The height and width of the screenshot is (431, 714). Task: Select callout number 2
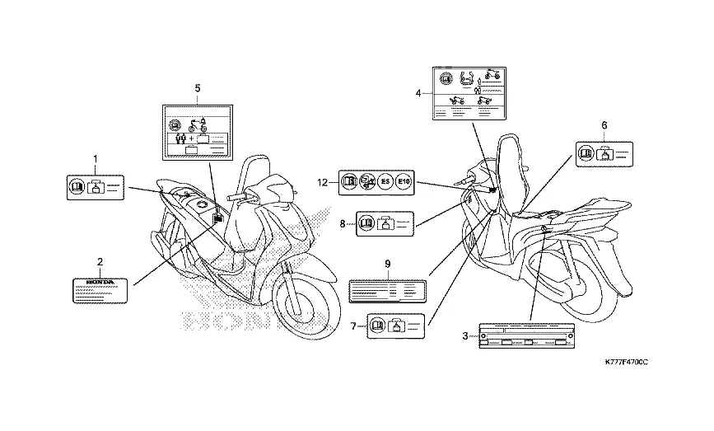click(x=100, y=262)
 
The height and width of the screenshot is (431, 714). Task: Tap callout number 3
click(x=465, y=335)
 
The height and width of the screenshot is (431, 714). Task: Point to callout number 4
click(x=418, y=93)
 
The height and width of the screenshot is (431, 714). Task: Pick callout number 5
click(x=198, y=87)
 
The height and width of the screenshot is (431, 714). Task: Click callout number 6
click(x=604, y=124)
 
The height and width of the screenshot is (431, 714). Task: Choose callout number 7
click(x=353, y=326)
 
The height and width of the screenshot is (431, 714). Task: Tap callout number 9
click(x=387, y=263)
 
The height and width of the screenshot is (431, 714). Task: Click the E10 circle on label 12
click(x=404, y=182)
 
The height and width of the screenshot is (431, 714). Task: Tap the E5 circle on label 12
click(x=383, y=182)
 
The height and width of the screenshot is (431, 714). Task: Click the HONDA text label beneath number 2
click(x=100, y=288)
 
